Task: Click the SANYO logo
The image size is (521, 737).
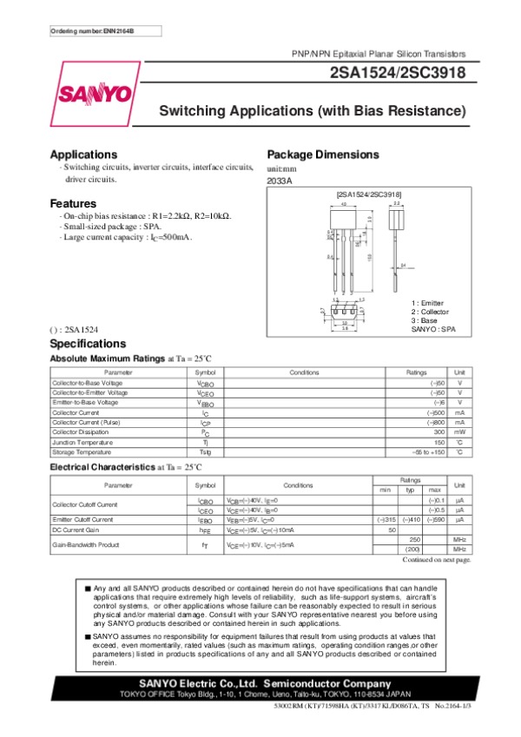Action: tap(96, 93)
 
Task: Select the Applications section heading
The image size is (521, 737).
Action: tap(83, 154)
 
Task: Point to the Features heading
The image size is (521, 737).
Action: tap(73, 203)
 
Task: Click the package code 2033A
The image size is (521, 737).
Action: tap(279, 181)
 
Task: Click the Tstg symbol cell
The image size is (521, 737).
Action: tap(205, 451)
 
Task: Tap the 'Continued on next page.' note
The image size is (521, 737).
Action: tap(437, 561)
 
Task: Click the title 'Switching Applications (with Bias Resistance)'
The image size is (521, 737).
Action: tap(312, 111)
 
